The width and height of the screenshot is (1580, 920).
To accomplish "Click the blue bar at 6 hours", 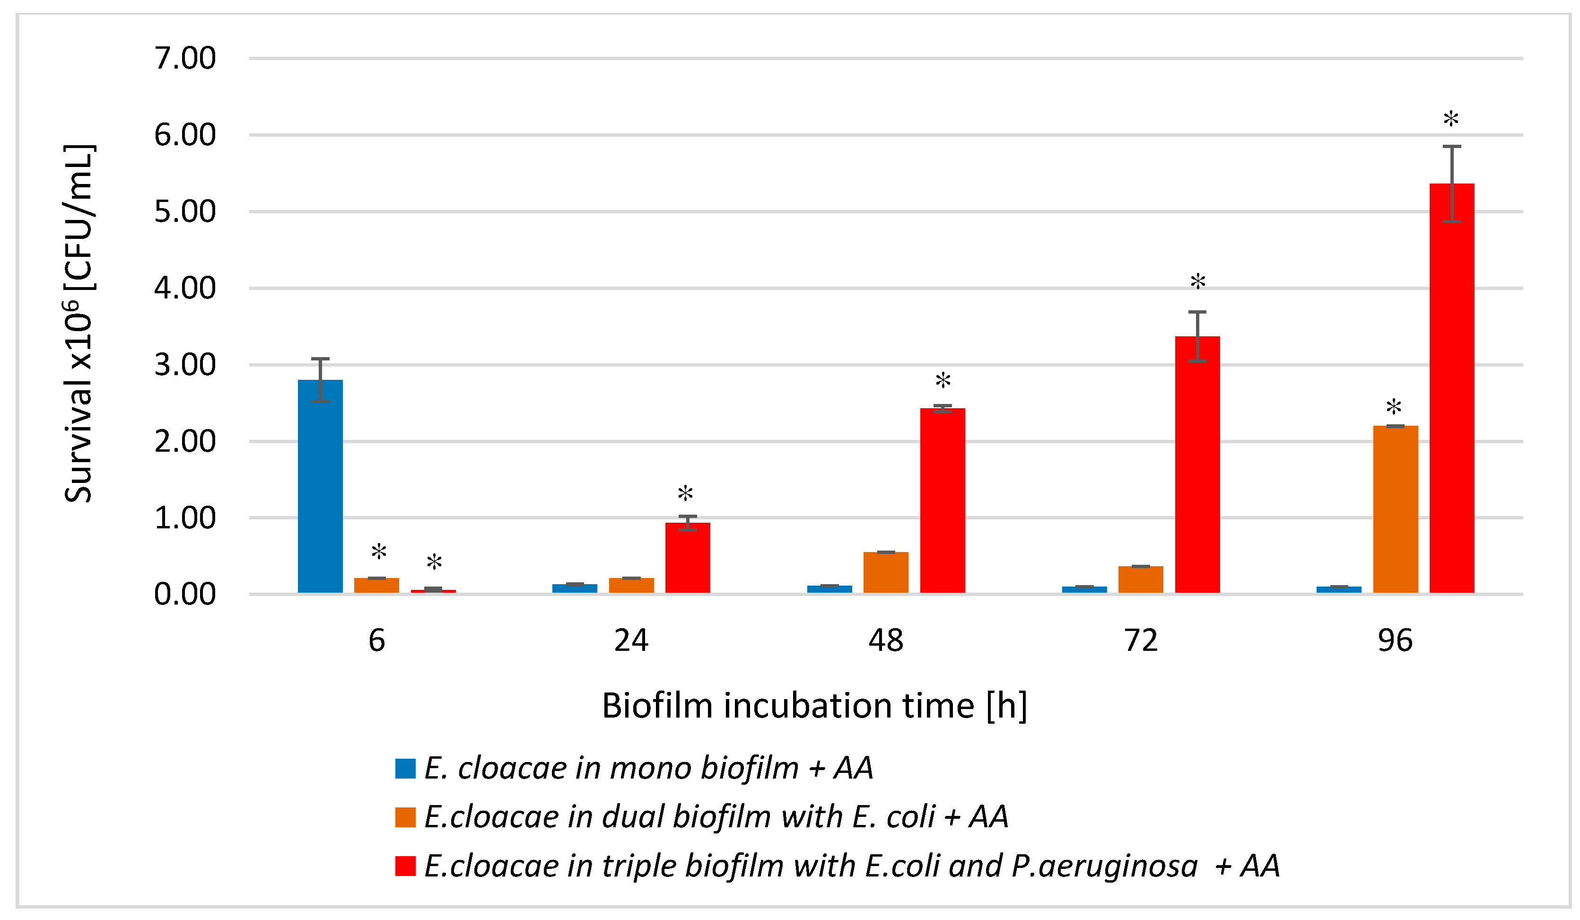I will pos(320,486).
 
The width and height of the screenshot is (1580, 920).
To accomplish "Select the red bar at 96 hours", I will pos(1451,389).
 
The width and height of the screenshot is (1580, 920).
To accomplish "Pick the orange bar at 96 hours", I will pos(1395,509).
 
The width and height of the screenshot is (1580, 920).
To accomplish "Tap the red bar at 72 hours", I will pos(1197,464).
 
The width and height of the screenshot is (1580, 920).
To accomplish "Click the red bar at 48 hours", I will pos(943,500).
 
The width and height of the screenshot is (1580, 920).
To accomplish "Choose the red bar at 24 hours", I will pos(687,558).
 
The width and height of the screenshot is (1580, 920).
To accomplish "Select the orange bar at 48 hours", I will pos(885,572).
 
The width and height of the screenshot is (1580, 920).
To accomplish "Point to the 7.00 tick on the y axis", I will pos(185,58).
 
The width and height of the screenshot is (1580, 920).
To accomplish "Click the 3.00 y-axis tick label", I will pos(185,365).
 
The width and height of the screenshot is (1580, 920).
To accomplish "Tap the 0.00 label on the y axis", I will pos(185,595).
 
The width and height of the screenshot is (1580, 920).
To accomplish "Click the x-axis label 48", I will pos(885,641).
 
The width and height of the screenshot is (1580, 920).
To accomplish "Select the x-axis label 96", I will pos(1395,641).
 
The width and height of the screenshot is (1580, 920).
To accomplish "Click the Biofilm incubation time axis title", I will pos(814,706).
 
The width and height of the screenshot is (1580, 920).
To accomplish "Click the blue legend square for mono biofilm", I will pos(405,769).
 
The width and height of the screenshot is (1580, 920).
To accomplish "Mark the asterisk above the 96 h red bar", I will pos(1451,119).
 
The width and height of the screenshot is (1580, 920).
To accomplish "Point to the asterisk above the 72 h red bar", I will pos(1197,281).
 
